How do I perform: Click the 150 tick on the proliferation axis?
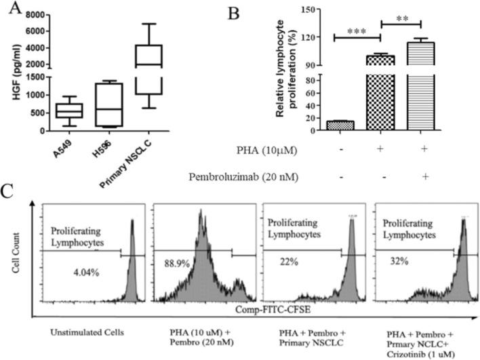coord(315,9)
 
